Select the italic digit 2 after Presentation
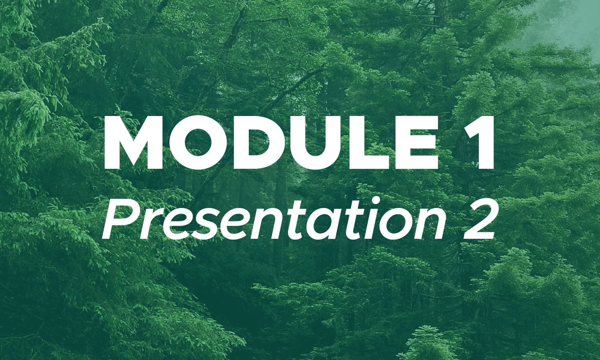[x=478, y=219]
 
